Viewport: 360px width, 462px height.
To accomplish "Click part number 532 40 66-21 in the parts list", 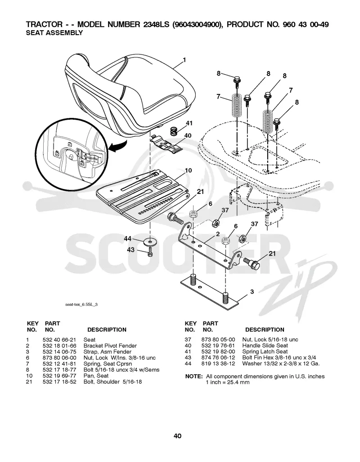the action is click(x=59, y=340).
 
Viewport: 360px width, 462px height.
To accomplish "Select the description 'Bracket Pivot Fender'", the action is click(x=110, y=345).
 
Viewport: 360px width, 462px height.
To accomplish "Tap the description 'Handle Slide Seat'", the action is click(x=265, y=345).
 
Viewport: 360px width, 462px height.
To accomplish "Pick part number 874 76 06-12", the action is click(x=218, y=358).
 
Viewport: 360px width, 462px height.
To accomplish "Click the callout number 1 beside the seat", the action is click(x=184, y=60).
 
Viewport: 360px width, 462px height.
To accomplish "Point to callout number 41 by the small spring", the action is click(x=189, y=123).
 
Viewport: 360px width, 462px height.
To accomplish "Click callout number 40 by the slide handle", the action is click(x=188, y=135).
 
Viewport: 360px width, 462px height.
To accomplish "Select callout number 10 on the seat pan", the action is click(x=188, y=170).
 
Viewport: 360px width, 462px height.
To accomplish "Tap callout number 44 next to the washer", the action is click(x=127, y=239).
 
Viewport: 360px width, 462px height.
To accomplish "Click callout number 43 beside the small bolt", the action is click(x=130, y=250).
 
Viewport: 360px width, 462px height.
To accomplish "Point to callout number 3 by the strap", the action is click(x=252, y=292).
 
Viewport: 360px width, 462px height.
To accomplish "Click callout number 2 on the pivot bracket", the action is click(x=218, y=234).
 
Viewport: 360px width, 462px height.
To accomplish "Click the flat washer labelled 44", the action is click(x=150, y=242).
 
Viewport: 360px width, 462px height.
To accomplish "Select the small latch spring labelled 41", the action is click(x=174, y=130).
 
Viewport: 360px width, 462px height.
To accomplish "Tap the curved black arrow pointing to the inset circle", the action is click(x=117, y=147).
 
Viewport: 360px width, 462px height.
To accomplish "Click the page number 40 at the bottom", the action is click(x=177, y=436).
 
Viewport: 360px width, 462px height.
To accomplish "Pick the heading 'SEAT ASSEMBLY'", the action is click(x=54, y=33).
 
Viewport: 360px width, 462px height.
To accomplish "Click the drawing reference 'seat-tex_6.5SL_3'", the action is click(x=81, y=305).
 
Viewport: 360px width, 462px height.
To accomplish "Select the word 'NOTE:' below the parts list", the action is click(x=193, y=377).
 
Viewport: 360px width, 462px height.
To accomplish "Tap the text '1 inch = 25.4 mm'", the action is click(x=228, y=382).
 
